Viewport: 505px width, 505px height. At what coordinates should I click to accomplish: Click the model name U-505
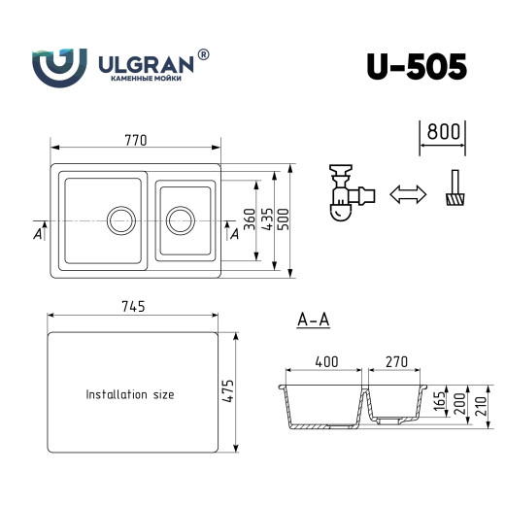pos(417,65)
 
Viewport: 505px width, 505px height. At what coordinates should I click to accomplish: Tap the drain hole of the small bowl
pos(179,219)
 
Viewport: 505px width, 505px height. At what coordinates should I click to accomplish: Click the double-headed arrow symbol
pos(408,195)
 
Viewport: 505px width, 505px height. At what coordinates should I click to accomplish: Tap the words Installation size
pos(130,395)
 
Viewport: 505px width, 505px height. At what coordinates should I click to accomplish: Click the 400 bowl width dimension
pos(326,361)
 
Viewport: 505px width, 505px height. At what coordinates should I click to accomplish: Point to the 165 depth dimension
pos(439,401)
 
